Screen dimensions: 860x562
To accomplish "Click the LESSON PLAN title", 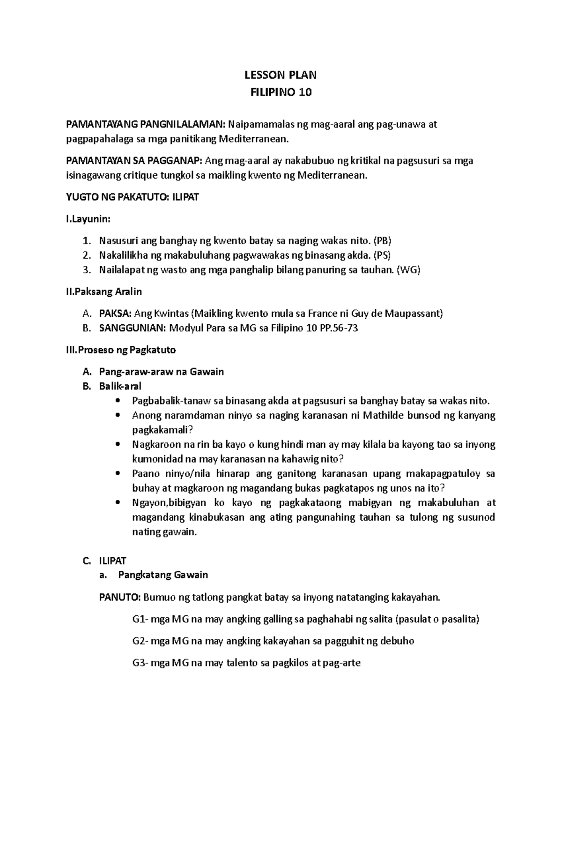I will pos(281,75).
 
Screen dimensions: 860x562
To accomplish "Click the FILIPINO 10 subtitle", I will pos(281,92).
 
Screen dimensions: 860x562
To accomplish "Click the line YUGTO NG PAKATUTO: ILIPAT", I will pos(133,197).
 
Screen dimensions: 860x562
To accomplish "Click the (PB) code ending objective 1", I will pos(382,241).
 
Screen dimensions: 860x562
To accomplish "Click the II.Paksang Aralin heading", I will pos(104,292).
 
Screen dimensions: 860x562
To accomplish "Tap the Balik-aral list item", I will pos(120,386).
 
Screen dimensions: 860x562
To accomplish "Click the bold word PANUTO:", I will pos(119,597).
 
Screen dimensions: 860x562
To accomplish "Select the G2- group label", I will pos(140,641).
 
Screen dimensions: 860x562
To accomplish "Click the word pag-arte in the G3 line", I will pos(342,663).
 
